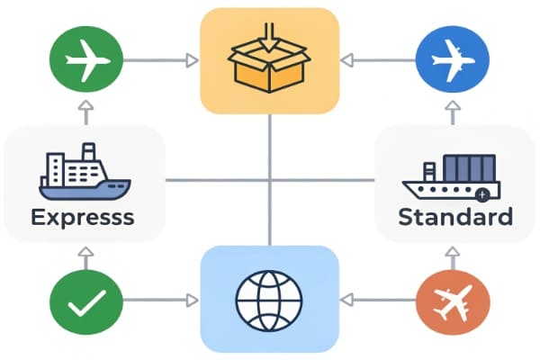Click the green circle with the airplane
click(x=86, y=61)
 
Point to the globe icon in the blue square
click(x=269, y=298)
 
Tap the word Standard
click(x=455, y=217)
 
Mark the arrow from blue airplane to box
click(x=379, y=61)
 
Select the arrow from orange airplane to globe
click(x=381, y=299)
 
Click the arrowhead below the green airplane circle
click(x=86, y=110)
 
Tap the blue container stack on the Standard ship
click(x=469, y=168)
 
